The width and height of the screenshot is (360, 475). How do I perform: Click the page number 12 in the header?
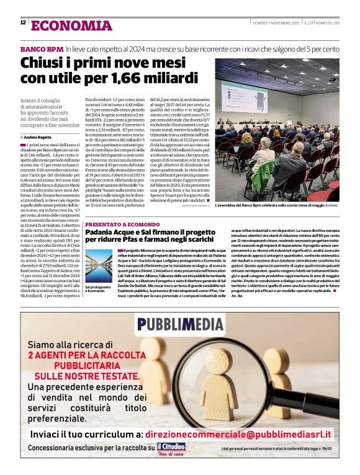tap(23, 23)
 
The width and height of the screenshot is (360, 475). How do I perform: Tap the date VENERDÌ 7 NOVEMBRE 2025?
tap(276, 23)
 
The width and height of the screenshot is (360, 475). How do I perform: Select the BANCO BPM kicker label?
tap(42, 48)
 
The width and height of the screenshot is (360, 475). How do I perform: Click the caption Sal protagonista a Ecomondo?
tap(97, 289)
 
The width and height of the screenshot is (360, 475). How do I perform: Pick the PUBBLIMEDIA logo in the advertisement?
tap(179, 324)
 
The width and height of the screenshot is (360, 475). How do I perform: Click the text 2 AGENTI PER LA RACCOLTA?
tap(84, 356)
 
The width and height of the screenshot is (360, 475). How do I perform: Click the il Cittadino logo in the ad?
tap(173, 448)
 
